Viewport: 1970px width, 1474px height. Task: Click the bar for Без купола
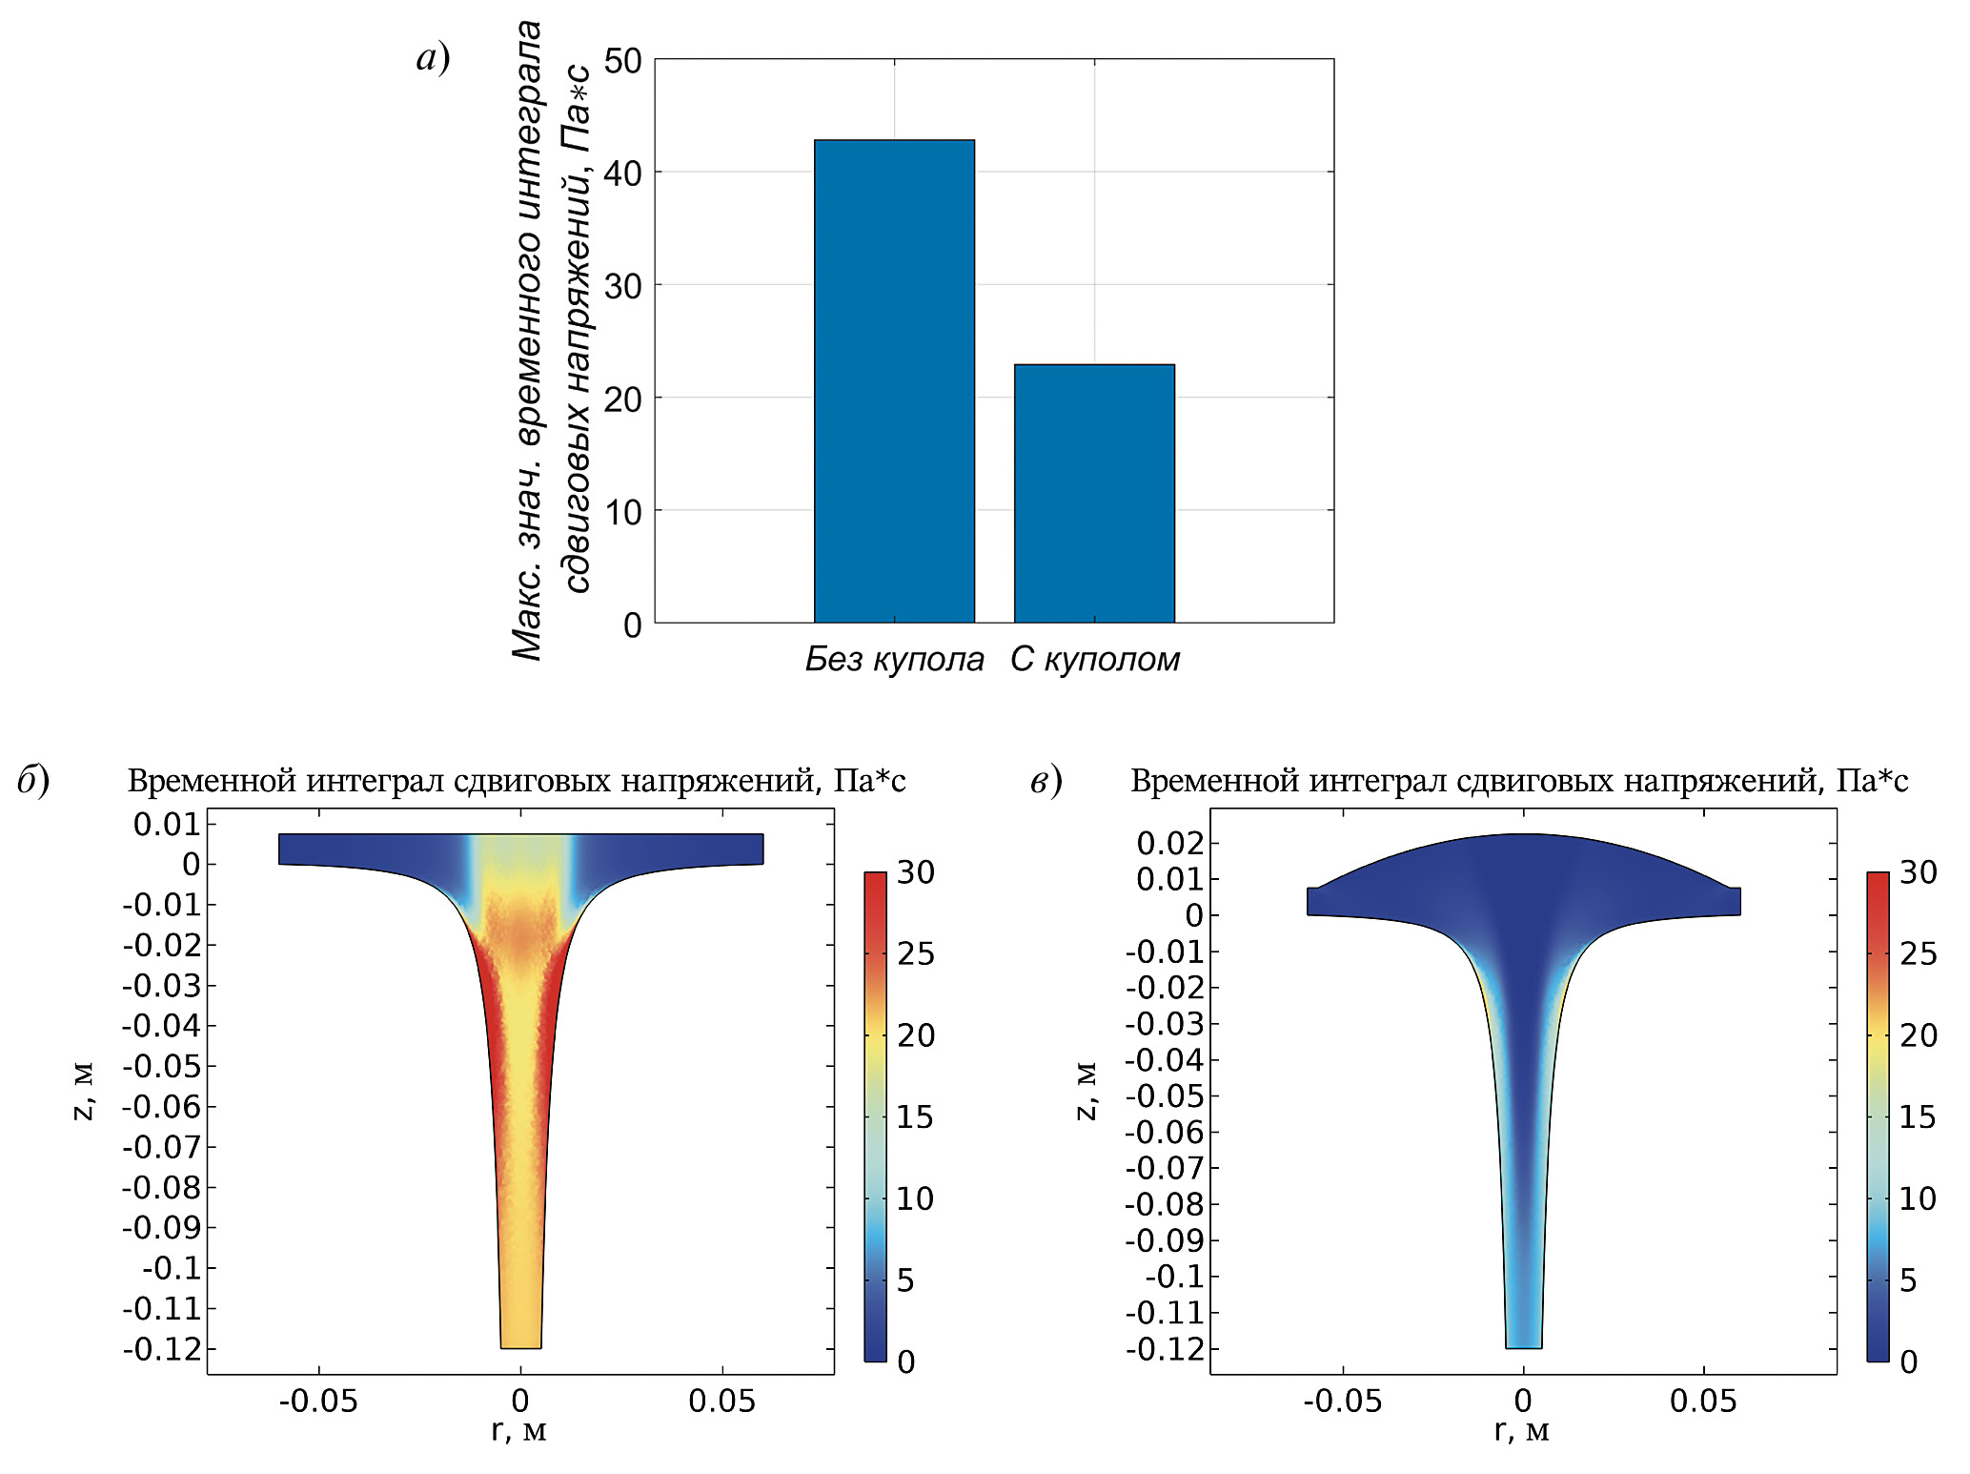pyautogui.click(x=893, y=381)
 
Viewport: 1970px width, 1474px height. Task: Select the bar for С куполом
pyautogui.click(x=1093, y=493)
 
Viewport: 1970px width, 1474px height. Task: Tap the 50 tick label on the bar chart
pyautogui.click(x=623, y=61)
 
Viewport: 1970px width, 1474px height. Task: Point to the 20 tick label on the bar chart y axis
pyautogui.click(x=623, y=399)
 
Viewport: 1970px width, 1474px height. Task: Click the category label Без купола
pyautogui.click(x=894, y=659)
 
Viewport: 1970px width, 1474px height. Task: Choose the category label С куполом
pyautogui.click(x=1095, y=659)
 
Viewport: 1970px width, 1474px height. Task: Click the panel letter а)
pyautogui.click(x=434, y=58)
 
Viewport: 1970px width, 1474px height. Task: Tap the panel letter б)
pyautogui.click(x=33, y=780)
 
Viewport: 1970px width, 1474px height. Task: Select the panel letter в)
pyautogui.click(x=1046, y=780)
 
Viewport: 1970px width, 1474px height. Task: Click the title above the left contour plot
pyautogui.click(x=517, y=781)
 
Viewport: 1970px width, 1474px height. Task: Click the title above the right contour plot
pyautogui.click(x=1519, y=781)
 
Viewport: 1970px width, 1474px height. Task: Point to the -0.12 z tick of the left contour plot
pyautogui.click(x=163, y=1349)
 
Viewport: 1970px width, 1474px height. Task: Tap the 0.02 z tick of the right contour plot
pyautogui.click(x=1170, y=843)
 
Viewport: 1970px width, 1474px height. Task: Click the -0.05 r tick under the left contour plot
pyautogui.click(x=318, y=1401)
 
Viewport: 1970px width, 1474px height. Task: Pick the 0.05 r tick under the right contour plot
pyautogui.click(x=1703, y=1401)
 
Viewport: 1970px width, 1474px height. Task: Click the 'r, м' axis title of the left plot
pyautogui.click(x=519, y=1430)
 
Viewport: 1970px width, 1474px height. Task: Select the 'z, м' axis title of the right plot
pyautogui.click(x=1086, y=1091)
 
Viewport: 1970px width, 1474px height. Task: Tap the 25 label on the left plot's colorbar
pyautogui.click(x=916, y=953)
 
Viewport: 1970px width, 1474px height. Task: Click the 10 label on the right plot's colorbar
pyautogui.click(x=1918, y=1198)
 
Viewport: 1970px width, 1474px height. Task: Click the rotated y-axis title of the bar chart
pyautogui.click(x=551, y=340)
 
